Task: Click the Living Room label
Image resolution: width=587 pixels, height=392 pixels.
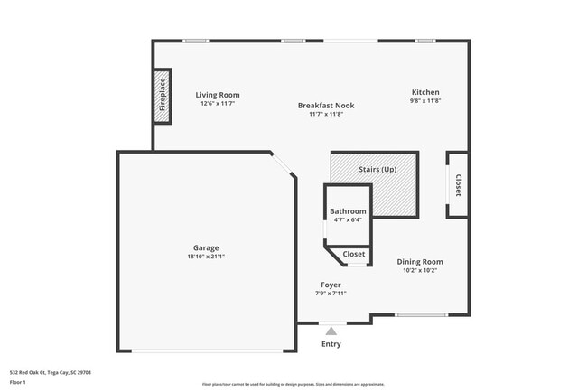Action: pos(218,95)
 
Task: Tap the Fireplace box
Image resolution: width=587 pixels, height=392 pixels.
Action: pos(163,95)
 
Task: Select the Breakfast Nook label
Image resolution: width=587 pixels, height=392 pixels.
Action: pos(326,106)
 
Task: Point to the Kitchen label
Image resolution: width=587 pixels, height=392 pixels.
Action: pos(425,92)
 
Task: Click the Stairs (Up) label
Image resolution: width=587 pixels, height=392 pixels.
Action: pos(377,170)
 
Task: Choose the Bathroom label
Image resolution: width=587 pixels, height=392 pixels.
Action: pos(348,211)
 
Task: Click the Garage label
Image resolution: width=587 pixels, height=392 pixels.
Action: pos(206,247)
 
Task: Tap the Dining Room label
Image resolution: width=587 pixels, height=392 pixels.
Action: pos(420,262)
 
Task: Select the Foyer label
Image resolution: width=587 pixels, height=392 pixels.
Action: pos(331,285)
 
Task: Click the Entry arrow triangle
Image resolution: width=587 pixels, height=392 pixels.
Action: pos(331,331)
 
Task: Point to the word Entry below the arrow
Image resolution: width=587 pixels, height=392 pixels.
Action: pos(331,344)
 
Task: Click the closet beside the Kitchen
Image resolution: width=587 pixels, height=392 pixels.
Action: pos(458,185)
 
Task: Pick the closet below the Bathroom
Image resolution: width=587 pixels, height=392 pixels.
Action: pos(354,255)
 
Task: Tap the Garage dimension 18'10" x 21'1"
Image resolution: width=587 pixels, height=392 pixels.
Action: pos(206,257)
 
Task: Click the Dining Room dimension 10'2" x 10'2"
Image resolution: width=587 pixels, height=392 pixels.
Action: pos(420,270)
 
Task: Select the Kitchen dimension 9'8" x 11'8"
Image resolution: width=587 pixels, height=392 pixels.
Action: pos(425,101)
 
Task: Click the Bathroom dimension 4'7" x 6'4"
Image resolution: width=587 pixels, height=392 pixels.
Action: pos(348,219)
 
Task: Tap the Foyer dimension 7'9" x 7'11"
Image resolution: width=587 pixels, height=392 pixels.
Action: pos(331,293)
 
